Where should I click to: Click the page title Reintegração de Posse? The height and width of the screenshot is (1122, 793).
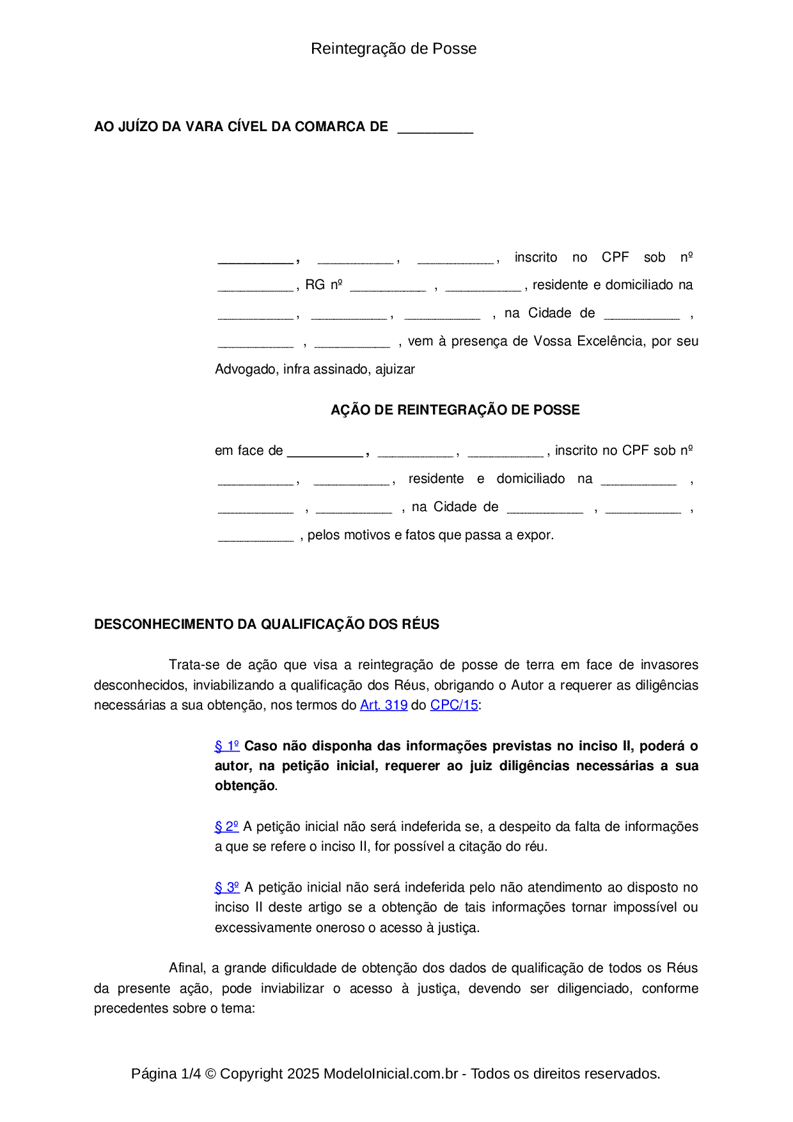(x=393, y=49)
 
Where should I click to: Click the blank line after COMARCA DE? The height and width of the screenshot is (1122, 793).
(x=435, y=128)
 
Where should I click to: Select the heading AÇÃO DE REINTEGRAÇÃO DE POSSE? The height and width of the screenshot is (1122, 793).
(x=455, y=410)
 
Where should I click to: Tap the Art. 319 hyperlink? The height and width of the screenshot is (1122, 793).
(x=384, y=705)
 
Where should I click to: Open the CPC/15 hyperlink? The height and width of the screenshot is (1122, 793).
(x=454, y=705)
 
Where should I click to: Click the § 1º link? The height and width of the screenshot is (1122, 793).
(x=227, y=746)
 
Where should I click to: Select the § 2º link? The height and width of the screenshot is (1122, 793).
(x=226, y=826)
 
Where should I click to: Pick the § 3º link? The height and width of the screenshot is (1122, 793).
(x=227, y=887)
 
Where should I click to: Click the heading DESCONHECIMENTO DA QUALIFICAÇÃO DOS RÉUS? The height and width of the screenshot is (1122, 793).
(x=267, y=624)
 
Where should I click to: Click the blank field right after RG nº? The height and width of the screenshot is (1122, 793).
(x=388, y=286)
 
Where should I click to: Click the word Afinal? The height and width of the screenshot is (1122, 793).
(x=187, y=968)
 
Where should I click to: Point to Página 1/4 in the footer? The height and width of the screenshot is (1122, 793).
(x=166, y=1073)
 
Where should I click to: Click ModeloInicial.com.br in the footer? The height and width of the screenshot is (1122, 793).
(x=391, y=1073)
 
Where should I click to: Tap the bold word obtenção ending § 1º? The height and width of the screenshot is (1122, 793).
(x=244, y=786)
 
